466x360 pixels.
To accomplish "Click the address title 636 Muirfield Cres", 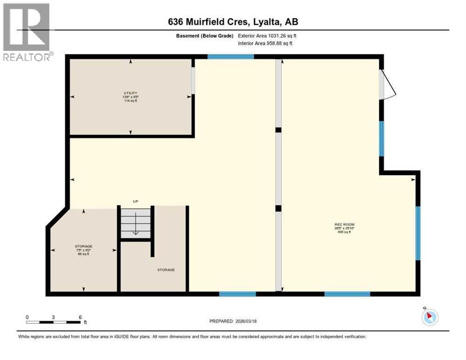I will point(233,22).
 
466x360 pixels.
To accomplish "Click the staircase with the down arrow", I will point(135,223).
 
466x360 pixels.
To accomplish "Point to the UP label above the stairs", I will point(135,202).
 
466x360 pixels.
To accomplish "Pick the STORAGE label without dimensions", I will point(166,270).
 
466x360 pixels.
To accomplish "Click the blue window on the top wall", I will point(230,57).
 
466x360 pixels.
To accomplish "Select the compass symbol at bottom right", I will point(430,317).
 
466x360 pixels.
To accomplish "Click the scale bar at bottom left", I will point(53,322).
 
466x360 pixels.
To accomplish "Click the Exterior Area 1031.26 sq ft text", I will point(267,36).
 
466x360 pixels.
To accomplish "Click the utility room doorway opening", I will point(193,81).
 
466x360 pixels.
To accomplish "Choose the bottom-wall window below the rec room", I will point(347,294).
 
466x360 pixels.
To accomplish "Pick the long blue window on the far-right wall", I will point(418,233).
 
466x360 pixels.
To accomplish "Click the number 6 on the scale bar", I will point(80,317).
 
